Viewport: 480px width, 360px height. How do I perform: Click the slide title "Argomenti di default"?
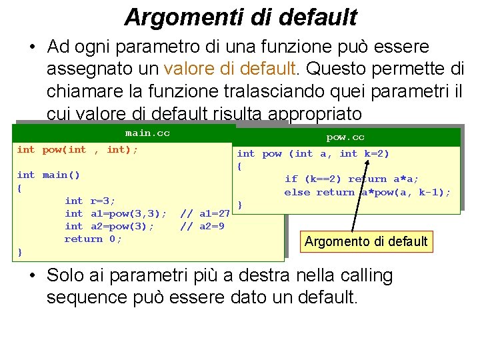point(240,17)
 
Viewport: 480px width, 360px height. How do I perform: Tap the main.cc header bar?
point(147,133)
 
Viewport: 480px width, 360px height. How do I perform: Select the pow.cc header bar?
point(345,137)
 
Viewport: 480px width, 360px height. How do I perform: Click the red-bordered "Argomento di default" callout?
point(365,241)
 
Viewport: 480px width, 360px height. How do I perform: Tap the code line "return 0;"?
point(93,239)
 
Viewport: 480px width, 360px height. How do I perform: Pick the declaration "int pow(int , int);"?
point(77,150)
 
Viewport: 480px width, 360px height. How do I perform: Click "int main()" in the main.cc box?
point(48,175)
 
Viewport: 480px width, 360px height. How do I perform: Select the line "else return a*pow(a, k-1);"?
point(367,193)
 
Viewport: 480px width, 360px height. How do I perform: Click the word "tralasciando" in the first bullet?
point(230,90)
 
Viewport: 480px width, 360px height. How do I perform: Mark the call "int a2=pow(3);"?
point(109,226)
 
